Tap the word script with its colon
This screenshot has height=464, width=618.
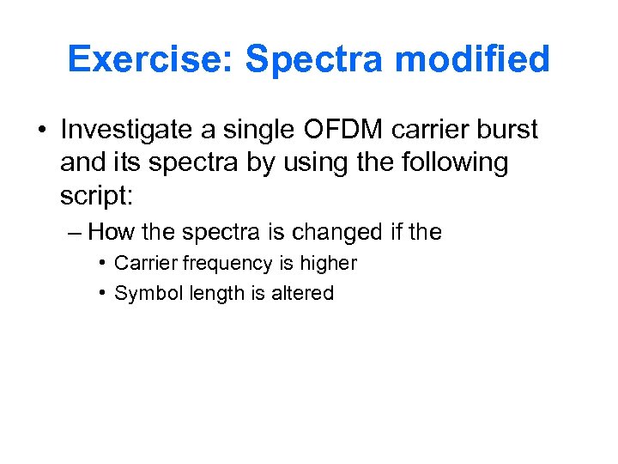(96, 195)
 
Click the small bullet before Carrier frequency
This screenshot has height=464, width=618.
(102, 262)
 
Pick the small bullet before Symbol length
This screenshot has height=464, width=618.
(102, 292)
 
